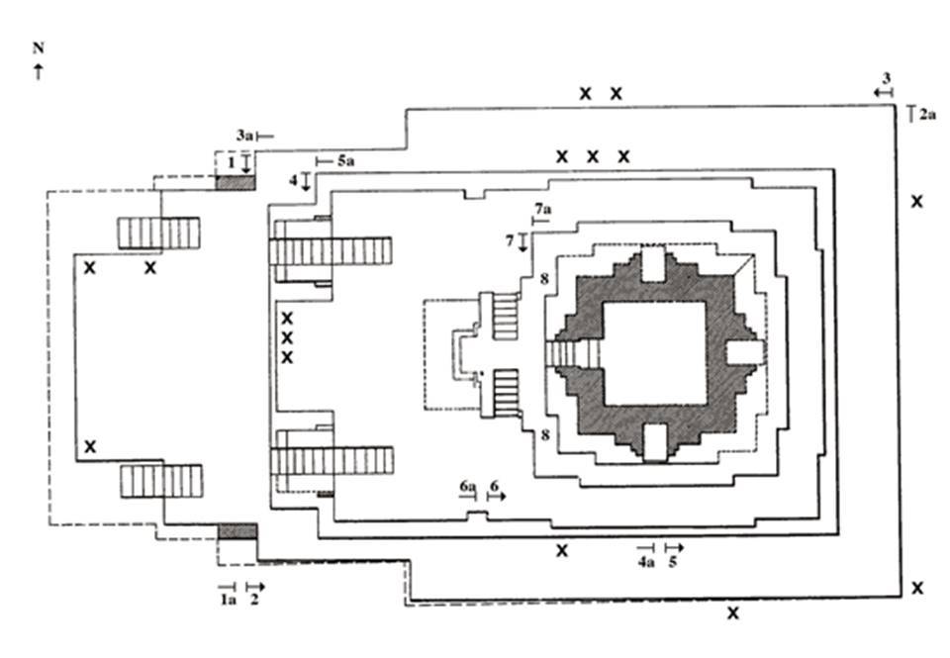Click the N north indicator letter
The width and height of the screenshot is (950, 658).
coord(39,47)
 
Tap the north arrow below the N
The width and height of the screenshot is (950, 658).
coord(39,71)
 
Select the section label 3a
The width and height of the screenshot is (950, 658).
coord(244,136)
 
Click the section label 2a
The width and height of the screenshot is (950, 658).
coord(927,114)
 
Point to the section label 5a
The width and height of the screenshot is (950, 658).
coord(346,161)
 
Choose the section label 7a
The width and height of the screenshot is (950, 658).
coord(543,210)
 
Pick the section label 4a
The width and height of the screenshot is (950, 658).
coord(646,562)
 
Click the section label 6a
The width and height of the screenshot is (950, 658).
coord(468,486)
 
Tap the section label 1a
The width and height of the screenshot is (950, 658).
coord(228,600)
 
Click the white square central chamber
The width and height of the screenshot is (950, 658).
coord(655,353)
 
